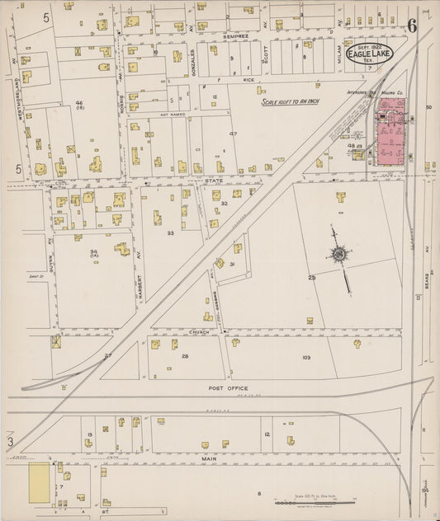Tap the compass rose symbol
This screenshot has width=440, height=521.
[338, 254]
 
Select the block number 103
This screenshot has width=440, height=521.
[305, 358]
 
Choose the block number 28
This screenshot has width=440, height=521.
[185, 356]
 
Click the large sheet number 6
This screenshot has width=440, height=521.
[410, 25]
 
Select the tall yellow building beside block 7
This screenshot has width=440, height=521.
[39, 483]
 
